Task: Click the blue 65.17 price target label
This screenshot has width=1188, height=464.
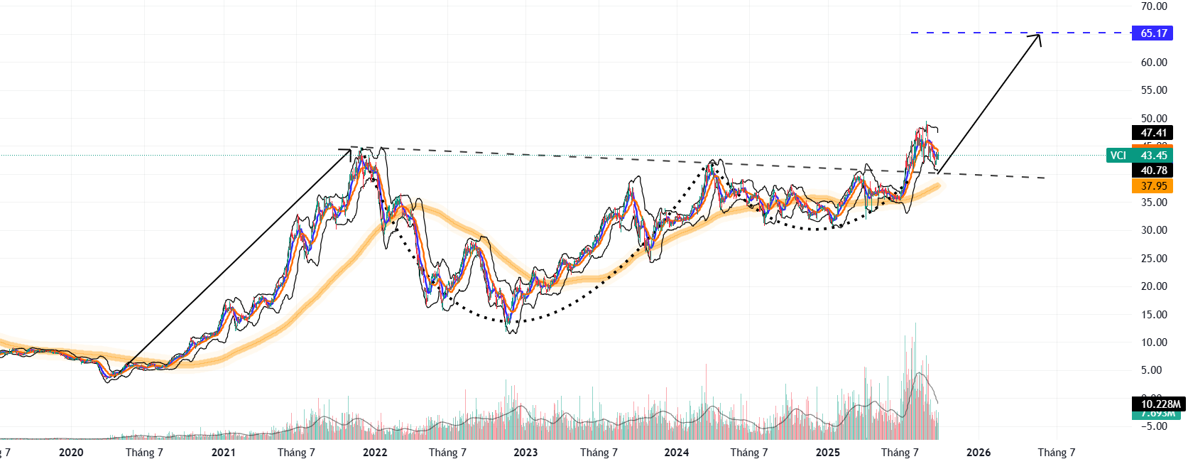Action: coord(1153,33)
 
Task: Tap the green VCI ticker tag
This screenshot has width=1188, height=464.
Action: coord(1118,156)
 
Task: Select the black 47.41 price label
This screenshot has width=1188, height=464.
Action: coord(1153,133)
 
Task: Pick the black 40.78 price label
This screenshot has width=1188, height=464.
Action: coord(1153,171)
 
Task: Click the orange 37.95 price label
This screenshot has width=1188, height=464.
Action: coord(1153,186)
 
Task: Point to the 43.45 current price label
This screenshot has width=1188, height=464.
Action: coord(1154,156)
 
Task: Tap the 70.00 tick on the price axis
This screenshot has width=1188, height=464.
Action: coord(1154,6)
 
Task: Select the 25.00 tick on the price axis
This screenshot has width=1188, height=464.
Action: coord(1154,259)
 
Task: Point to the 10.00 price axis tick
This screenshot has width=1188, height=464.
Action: coord(1154,342)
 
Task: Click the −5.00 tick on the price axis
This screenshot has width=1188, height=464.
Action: coord(1154,426)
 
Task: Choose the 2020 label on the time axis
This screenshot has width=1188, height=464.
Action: coord(71,453)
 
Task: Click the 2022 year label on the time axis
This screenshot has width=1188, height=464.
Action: coord(375,453)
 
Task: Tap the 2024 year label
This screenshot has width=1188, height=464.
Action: coord(676,453)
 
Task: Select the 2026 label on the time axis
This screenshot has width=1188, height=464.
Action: coord(979,453)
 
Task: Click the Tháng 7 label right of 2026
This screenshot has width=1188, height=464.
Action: coord(1057,453)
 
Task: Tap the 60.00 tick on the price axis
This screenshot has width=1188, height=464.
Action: coord(1154,63)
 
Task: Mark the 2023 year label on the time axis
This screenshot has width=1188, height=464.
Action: coord(525,453)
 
